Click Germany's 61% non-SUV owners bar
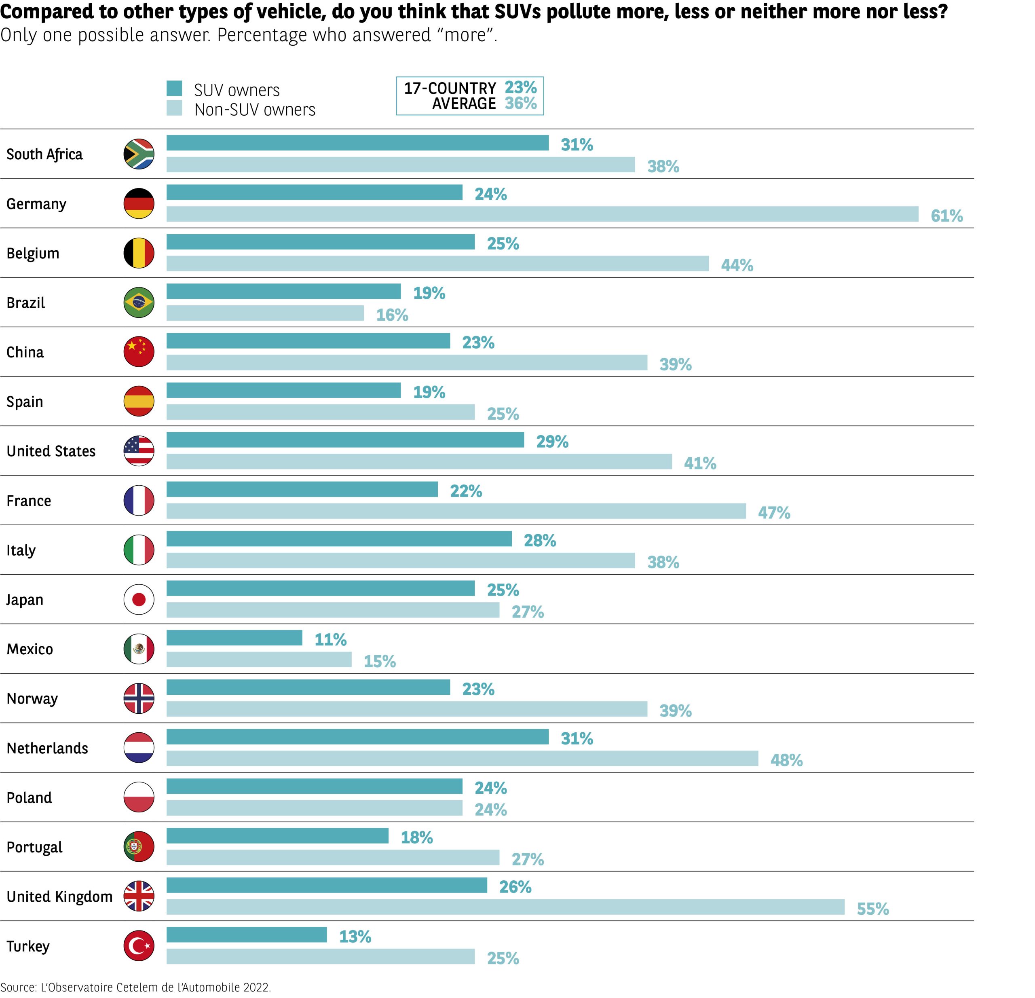coord(542,214)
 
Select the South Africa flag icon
coord(138,154)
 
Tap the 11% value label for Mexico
coord(331,639)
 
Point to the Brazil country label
coord(25,302)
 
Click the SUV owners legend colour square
coord(174,89)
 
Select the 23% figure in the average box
coord(520,87)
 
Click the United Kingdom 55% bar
coord(505,907)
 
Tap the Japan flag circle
coord(138,599)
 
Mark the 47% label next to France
coord(774,513)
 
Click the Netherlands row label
coord(47,748)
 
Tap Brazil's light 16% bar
coord(265,313)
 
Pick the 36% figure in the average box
coord(520,104)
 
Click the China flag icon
coord(138,352)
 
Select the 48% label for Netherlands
coord(786,760)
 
